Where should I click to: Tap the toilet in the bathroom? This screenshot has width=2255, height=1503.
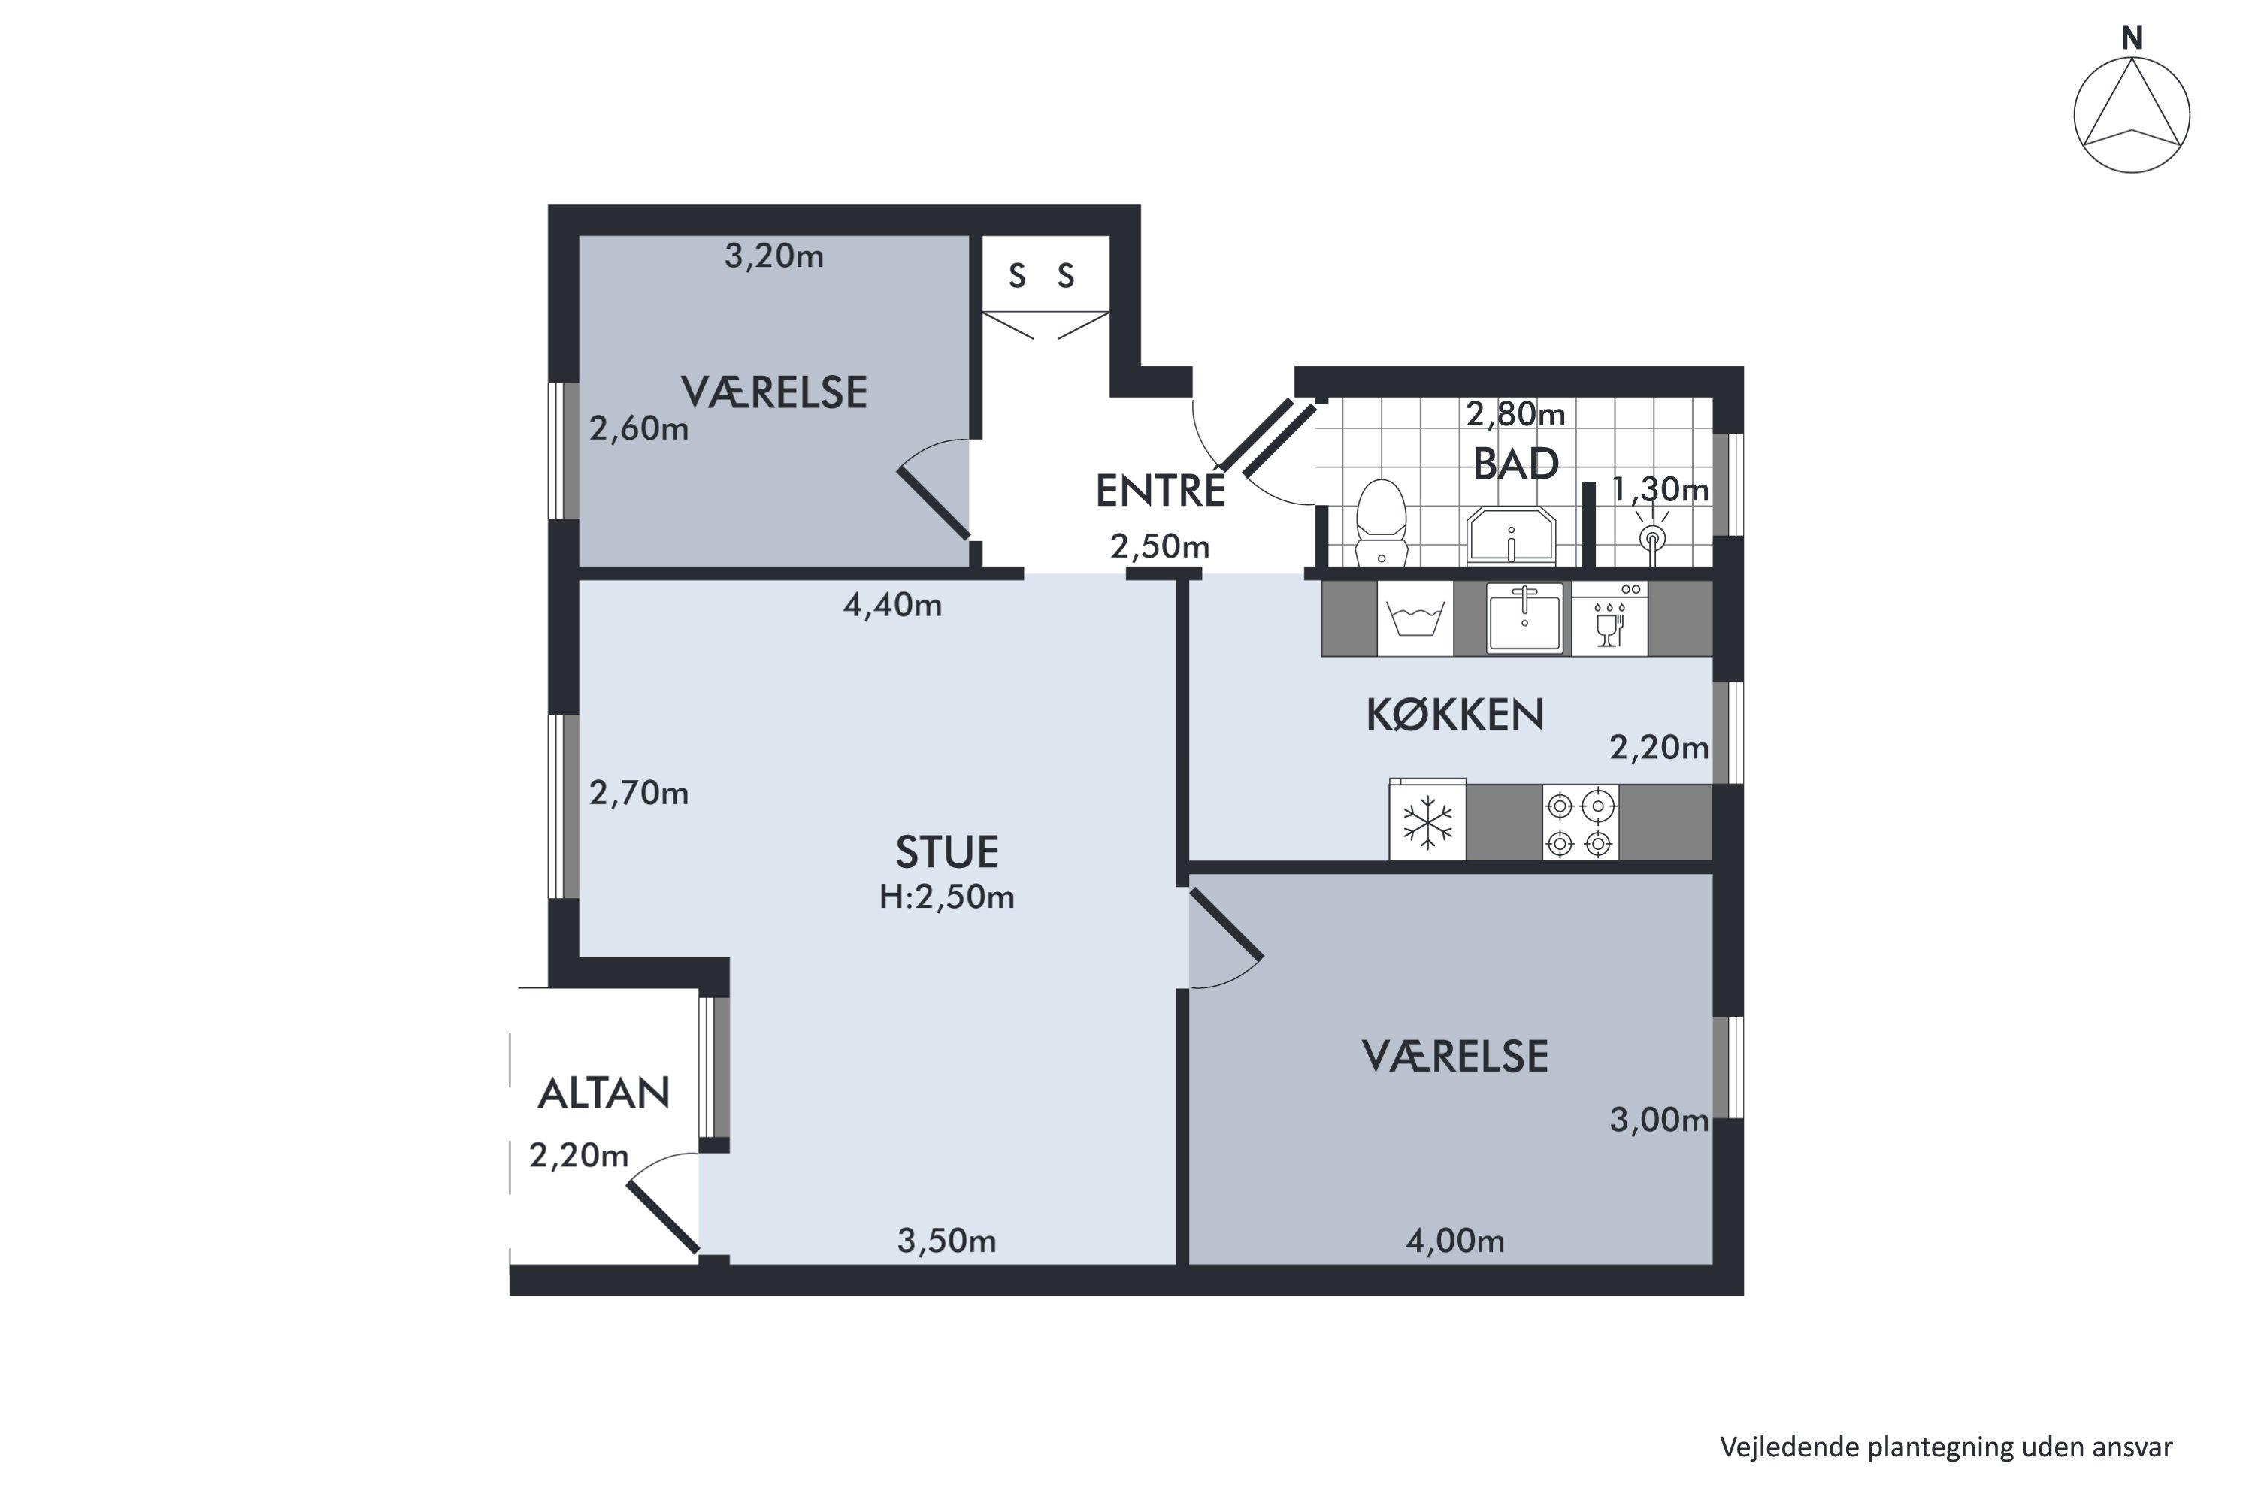1381,523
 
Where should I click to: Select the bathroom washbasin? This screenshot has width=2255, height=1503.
1511,535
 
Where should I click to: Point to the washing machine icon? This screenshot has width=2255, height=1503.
1415,619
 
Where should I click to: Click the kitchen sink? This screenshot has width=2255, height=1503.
1524,618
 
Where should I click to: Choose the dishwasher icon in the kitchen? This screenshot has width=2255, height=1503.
1610,619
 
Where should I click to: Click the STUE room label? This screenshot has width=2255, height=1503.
947,852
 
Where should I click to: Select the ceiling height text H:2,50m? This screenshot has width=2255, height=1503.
947,897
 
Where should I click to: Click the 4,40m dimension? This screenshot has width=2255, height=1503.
893,606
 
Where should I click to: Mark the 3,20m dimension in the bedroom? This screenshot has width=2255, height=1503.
773,256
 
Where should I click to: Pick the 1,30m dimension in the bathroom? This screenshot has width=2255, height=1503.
1660,490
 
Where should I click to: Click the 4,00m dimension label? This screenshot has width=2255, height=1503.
1455,1241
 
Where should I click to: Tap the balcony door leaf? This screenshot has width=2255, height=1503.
662,1217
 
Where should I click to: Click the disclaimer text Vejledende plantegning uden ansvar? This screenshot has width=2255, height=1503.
1946,1447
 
